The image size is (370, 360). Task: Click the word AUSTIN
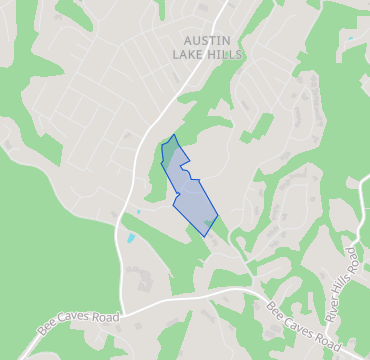[207, 40]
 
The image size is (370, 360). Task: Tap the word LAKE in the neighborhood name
[188, 55]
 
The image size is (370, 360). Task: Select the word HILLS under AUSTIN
[223, 55]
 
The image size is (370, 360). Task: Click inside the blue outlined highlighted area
[187, 190]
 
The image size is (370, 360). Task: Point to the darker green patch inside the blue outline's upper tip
[171, 149]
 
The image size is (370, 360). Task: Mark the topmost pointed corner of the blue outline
[174, 135]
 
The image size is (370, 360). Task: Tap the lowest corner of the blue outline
[205, 236]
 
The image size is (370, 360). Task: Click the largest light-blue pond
[130, 239]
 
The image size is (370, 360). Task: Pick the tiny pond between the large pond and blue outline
[139, 212]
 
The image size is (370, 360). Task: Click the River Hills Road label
[343, 284]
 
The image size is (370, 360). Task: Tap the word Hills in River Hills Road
[342, 286]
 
